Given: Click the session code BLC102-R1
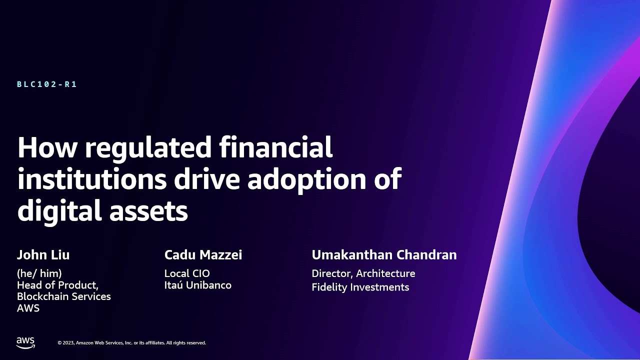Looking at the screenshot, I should (47, 84).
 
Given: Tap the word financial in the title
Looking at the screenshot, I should (276, 148).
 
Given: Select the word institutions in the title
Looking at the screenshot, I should (91, 179).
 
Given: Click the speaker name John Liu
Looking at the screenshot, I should (43, 255).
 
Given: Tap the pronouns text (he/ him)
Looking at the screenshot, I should (39, 273).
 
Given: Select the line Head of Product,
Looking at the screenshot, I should (57, 285).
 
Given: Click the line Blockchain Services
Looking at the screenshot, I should (64, 296).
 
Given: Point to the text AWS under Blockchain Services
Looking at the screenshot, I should (28, 308).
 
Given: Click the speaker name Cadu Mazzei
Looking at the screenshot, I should (203, 255).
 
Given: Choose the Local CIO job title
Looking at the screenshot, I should (187, 273).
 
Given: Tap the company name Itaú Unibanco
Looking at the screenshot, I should (198, 285).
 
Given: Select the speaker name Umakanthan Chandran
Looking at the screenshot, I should (384, 255).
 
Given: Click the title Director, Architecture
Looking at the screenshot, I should (363, 273).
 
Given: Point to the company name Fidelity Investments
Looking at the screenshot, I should (360, 287).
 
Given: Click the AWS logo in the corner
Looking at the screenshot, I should (25, 342).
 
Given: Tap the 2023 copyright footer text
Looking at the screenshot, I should (131, 343).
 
